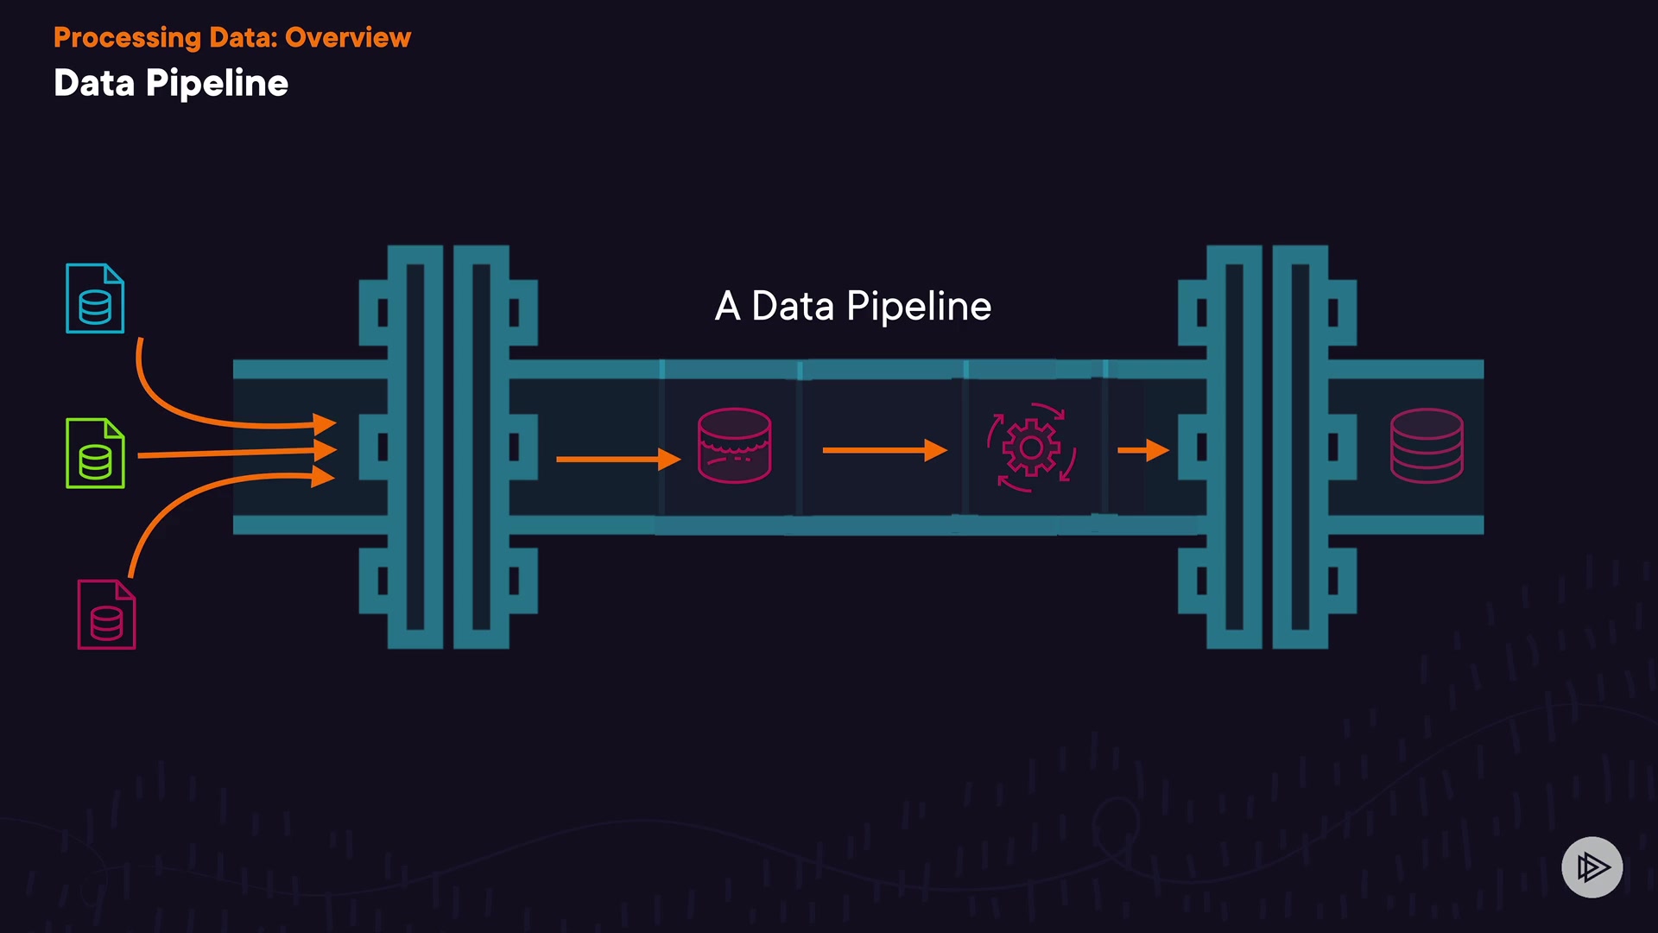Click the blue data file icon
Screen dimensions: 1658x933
(95, 299)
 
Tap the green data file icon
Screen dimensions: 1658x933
(95, 454)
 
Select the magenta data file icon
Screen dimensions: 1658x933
(106, 614)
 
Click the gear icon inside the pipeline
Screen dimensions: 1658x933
(1030, 447)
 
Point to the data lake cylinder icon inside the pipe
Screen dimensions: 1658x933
(734, 445)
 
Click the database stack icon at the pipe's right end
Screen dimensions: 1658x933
(1427, 445)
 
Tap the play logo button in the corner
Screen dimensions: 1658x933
(1592, 866)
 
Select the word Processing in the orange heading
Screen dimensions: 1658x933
(127, 38)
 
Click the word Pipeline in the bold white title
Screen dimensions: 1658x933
(217, 84)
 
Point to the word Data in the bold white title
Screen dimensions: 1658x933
(94, 84)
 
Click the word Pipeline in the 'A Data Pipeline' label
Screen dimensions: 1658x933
(919, 307)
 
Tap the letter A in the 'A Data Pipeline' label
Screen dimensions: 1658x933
(727, 307)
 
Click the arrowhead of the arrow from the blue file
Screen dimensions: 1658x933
(326, 423)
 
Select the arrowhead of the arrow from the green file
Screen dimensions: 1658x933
(326, 449)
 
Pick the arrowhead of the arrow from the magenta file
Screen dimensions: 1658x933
(324, 476)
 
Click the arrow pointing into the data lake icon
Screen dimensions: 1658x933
(617, 459)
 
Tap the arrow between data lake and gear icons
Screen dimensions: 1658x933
(884, 450)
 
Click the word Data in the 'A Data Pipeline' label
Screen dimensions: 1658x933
(793, 307)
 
